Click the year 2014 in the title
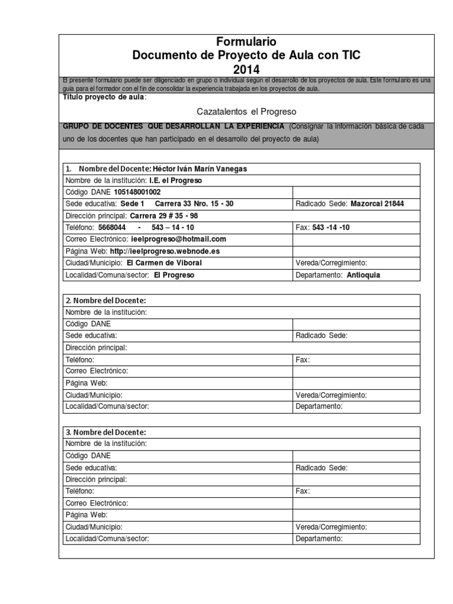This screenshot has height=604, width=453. [246, 69]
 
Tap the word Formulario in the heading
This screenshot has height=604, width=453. [246, 42]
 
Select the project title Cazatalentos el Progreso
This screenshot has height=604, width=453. [246, 111]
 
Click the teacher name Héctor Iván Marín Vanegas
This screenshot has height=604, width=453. [200, 169]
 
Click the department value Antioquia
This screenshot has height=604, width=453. [363, 275]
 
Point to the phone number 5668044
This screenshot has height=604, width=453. [111, 228]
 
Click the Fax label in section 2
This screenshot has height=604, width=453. [303, 359]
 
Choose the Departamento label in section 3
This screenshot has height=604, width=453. [319, 538]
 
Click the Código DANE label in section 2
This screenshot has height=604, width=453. [88, 324]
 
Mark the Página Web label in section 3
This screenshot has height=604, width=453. [86, 514]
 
